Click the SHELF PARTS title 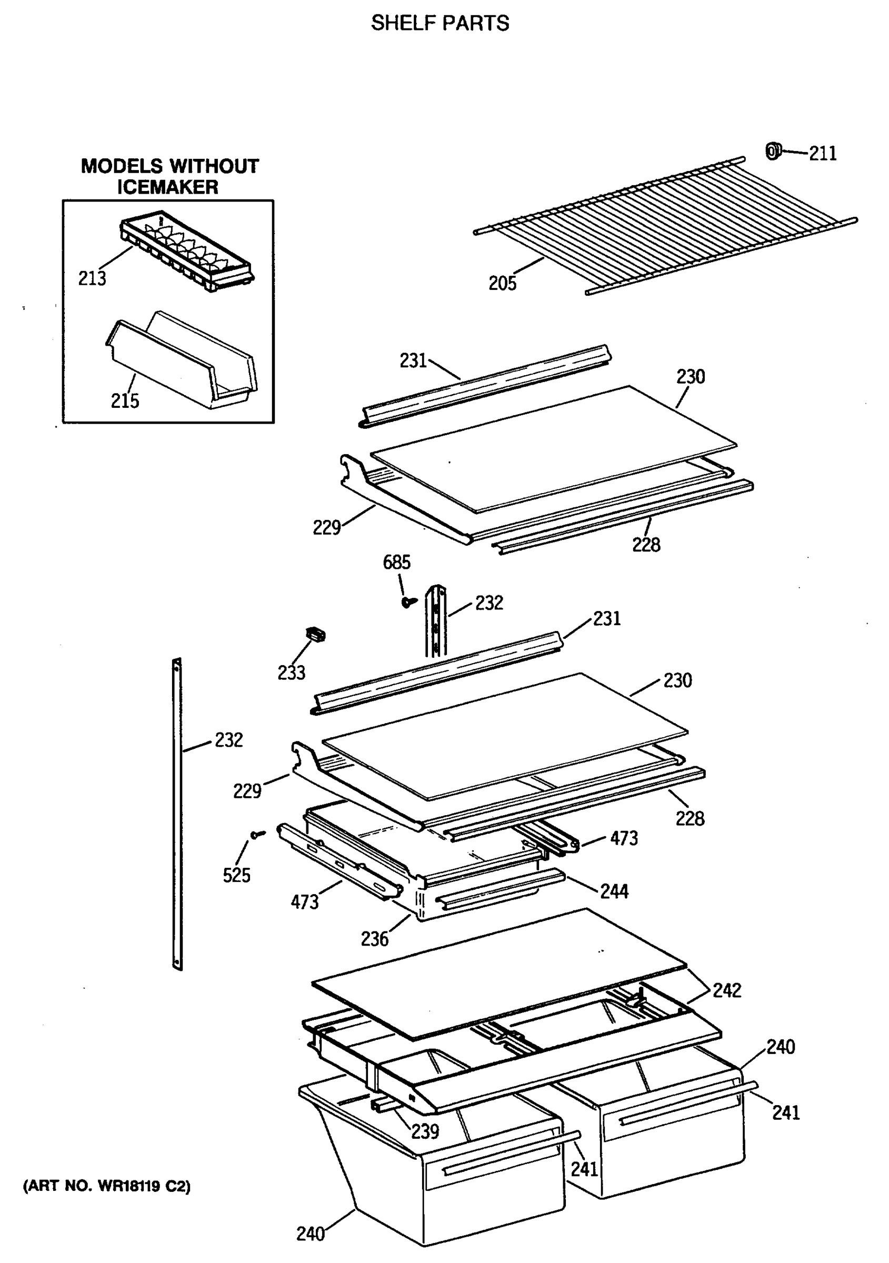coord(439,23)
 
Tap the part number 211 coord(823,154)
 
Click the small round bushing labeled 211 coord(773,151)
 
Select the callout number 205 coord(502,283)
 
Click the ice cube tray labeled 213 coord(187,250)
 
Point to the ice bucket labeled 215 coord(182,363)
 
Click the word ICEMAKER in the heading coord(167,187)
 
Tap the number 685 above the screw coord(396,562)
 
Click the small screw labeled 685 coord(407,602)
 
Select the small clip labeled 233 coord(316,635)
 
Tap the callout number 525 coord(236,875)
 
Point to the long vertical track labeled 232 coord(177,814)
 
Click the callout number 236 coord(374,939)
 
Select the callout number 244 coord(614,891)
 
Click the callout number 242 coord(727,990)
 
